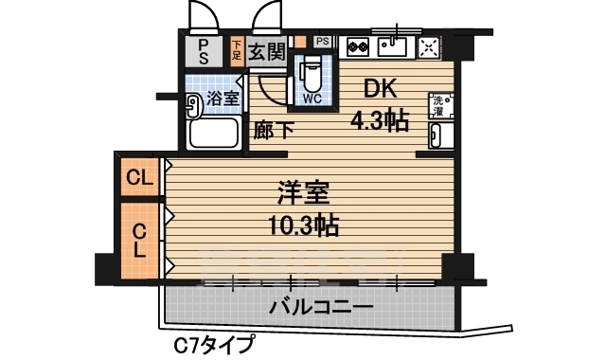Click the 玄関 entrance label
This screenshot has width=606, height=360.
[268, 51]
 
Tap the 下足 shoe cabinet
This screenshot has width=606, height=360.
[237, 50]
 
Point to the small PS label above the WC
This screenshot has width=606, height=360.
[322, 41]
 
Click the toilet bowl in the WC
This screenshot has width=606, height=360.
[312, 74]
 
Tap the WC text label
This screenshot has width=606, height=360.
[312, 98]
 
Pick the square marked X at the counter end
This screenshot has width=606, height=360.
[429, 45]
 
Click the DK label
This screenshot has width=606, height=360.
[382, 88]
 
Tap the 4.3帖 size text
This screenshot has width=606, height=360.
[381, 120]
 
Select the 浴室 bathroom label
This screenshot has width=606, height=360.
[223, 99]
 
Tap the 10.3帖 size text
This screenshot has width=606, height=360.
[304, 226]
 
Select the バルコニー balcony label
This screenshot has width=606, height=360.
[320, 307]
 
